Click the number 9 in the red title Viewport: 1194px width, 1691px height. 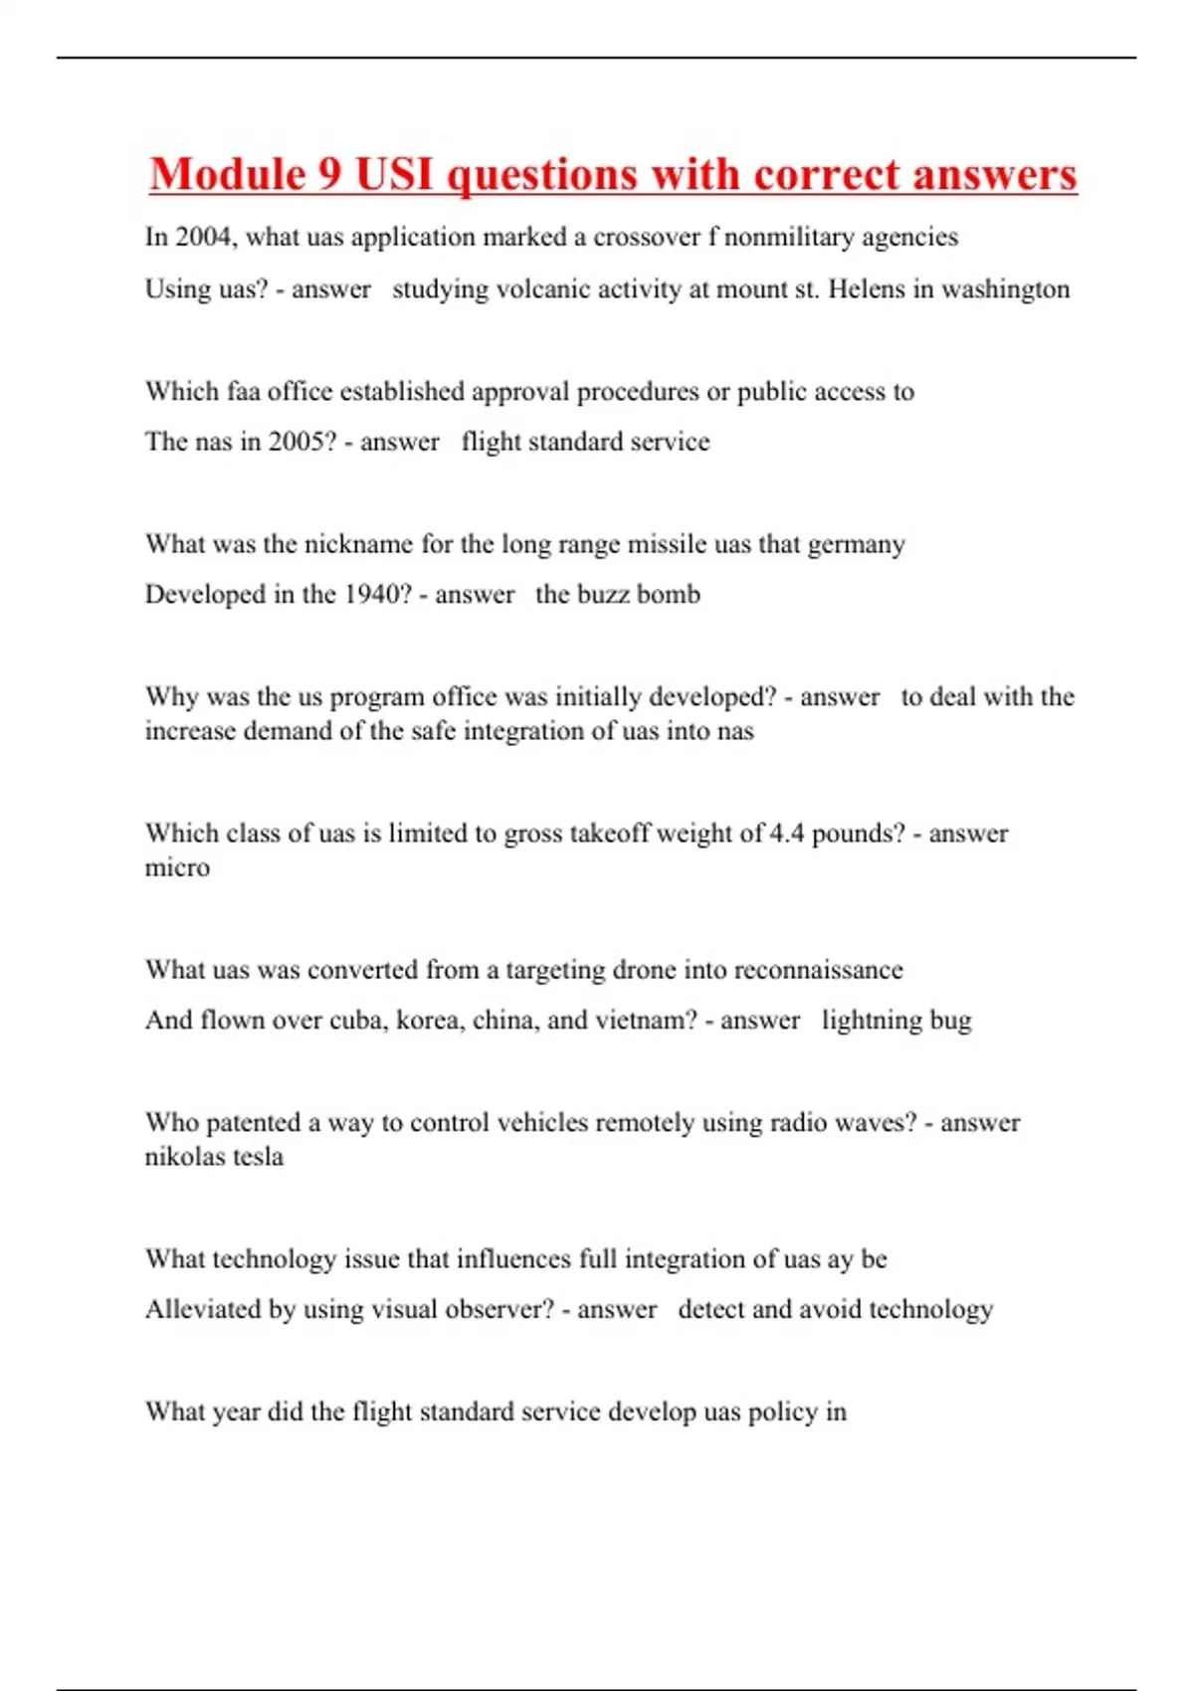[x=329, y=175]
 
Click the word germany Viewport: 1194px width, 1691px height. [x=856, y=545]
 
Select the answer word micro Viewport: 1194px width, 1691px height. [x=177, y=868]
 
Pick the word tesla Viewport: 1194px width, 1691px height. [x=258, y=1157]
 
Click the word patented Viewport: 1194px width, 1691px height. [x=252, y=1123]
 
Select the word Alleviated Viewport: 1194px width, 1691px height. [x=203, y=1309]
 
